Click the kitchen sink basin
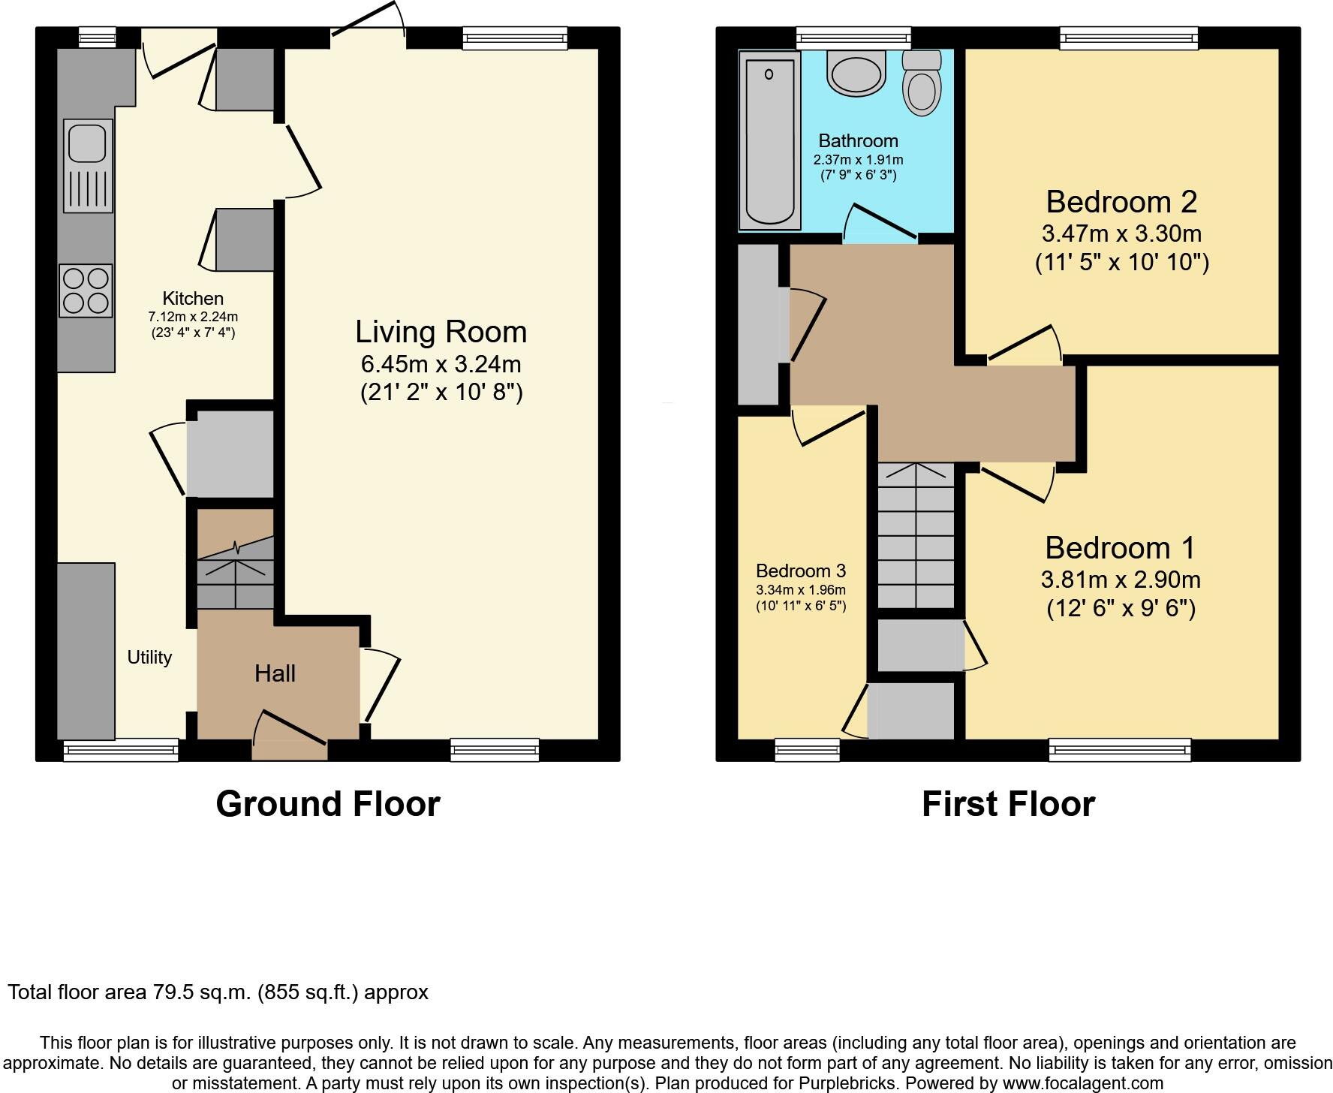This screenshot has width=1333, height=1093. click(x=87, y=143)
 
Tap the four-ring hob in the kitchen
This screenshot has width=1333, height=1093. click(x=86, y=291)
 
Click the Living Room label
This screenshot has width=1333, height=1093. click(x=441, y=332)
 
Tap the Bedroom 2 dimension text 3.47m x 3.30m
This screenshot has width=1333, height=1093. click(x=1121, y=233)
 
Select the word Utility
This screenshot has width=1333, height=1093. click(x=149, y=658)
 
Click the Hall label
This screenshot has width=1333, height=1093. click(x=275, y=673)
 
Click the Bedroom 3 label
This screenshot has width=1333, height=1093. click(x=800, y=571)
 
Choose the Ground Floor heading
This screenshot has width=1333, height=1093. click(x=327, y=804)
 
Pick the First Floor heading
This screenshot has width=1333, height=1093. click(x=1008, y=804)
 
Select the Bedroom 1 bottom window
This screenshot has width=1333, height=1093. click(x=1119, y=748)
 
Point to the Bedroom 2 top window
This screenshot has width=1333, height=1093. click(x=1129, y=38)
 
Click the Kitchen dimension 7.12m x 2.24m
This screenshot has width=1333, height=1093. click(x=193, y=317)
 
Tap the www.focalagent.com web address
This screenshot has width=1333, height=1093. click(x=1082, y=1083)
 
